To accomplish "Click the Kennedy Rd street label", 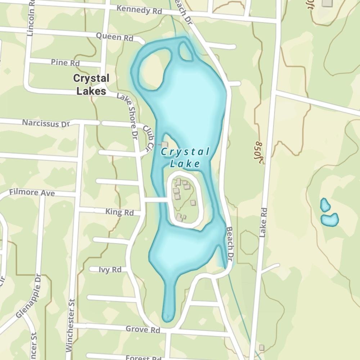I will (139, 10).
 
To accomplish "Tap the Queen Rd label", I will (114, 37).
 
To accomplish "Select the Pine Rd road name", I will (65, 63).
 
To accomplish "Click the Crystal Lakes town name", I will (91, 85).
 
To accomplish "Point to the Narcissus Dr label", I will (46, 123).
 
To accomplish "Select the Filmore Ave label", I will (32, 193).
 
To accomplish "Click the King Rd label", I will (120, 212).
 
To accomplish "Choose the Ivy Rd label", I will (110, 270).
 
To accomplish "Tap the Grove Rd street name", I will (143, 329).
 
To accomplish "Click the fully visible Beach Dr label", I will (230, 244).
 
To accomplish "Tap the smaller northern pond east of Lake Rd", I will (325, 205).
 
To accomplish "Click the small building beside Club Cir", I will (165, 144).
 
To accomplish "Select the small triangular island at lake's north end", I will (186, 52).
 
